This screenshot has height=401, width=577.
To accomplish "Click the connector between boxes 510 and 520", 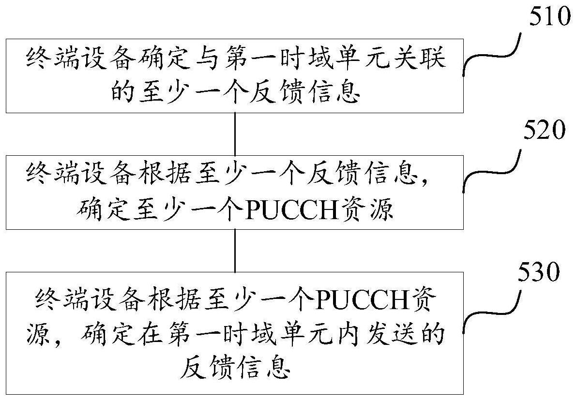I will [235, 134].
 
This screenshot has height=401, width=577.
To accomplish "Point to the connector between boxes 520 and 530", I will [235, 250].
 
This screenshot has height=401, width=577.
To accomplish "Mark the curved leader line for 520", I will [490, 172].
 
